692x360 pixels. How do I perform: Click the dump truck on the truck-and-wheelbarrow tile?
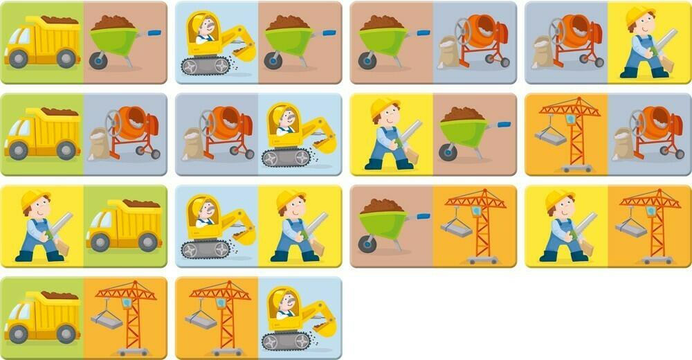coord(43,43)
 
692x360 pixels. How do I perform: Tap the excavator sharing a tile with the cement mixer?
coord(298,135)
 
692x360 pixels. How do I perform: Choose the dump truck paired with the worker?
coord(125,226)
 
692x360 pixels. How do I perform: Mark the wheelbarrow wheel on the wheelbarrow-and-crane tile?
coord(367,244)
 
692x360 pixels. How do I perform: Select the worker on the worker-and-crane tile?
coord(565,226)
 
